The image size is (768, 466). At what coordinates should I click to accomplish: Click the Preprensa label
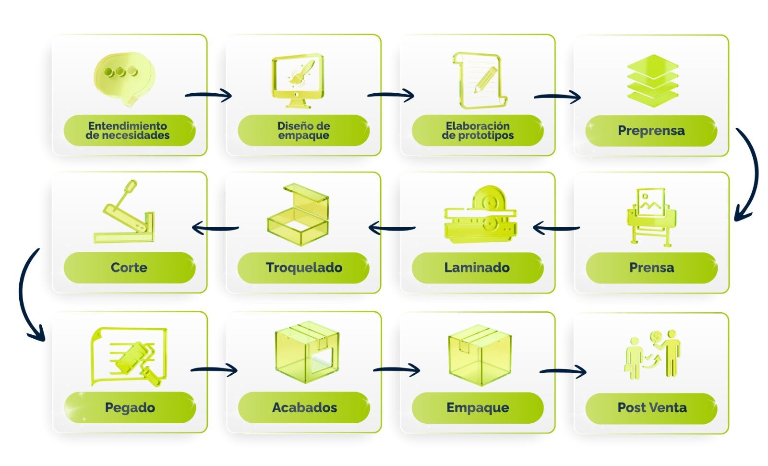(x=651, y=131)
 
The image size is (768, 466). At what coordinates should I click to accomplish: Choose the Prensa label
(x=651, y=268)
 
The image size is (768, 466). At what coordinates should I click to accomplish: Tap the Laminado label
(x=477, y=268)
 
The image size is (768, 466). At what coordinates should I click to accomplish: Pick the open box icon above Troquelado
(x=298, y=214)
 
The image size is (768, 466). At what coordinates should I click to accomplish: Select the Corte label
(x=129, y=268)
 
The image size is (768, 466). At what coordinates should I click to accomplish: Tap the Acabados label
(x=304, y=408)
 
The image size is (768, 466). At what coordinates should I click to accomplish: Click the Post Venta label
(x=652, y=408)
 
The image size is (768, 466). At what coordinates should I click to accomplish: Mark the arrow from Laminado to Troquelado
(x=392, y=228)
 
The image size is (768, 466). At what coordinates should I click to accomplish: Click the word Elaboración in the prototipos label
(x=478, y=126)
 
